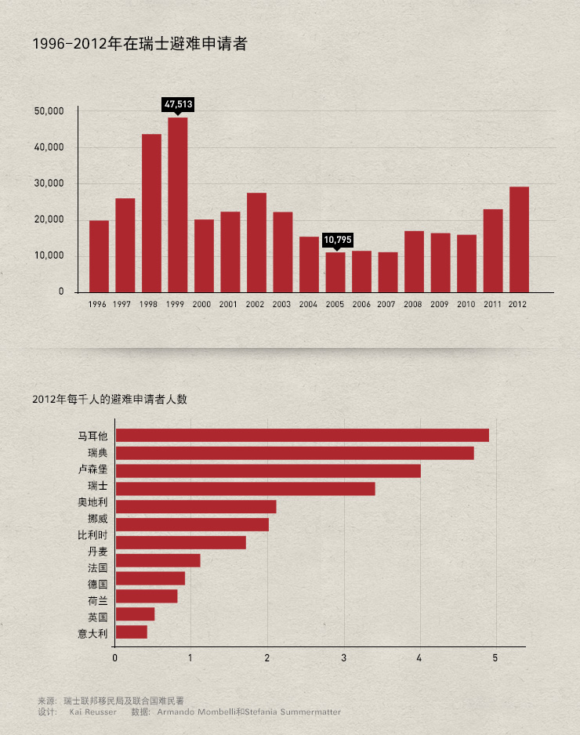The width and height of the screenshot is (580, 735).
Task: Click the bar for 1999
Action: pos(178,204)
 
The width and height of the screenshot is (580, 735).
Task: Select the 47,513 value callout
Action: pos(178,103)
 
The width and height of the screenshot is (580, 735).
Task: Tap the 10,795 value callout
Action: pos(338,240)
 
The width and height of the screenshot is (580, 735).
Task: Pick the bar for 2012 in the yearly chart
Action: pos(519,239)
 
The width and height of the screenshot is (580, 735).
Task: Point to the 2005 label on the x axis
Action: pos(335,304)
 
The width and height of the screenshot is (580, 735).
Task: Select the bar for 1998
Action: pos(151,212)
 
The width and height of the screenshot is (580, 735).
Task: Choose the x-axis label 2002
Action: pos(256,304)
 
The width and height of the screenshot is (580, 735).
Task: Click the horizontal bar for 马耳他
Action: pos(302,436)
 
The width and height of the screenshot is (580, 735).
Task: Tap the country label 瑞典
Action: pos(97,453)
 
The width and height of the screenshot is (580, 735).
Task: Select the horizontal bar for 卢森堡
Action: pos(268,471)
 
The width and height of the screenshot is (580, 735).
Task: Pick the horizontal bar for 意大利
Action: pos(132,632)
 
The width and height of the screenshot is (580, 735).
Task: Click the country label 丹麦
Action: pos(97,551)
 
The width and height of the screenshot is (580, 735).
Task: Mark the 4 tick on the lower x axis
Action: pos(419,657)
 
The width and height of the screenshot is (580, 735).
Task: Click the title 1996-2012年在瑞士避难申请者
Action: pos(140,45)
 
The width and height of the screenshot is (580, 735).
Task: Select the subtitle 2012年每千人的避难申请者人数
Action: pos(110,399)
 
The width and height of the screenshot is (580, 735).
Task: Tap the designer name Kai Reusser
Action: pos(92,712)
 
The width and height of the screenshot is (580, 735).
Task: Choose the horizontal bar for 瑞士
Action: pos(245,489)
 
